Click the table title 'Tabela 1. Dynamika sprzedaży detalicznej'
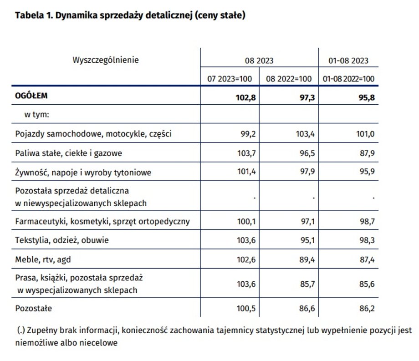104,15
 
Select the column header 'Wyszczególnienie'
106,60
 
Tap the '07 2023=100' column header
230,79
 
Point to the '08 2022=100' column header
289,79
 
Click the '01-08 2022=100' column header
348,79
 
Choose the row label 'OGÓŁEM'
31,95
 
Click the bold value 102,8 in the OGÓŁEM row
245,98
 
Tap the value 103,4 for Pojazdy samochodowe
305,134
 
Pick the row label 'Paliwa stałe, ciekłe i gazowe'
68,153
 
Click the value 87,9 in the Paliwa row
367,153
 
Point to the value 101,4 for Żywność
246,171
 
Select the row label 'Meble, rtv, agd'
43,259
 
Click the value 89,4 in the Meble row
307,259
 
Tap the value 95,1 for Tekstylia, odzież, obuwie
307,240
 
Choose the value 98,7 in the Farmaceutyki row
367,221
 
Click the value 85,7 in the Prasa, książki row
307,284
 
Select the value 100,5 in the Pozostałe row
246,308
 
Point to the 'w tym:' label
36,115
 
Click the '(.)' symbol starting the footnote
21,330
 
